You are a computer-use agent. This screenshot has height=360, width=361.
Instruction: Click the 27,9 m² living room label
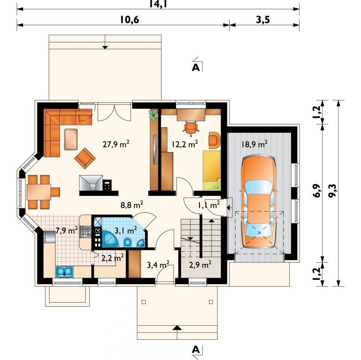click(116, 144)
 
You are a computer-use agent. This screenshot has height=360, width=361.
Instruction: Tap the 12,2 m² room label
click(185, 144)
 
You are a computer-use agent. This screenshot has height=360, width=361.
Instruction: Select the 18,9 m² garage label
click(255, 144)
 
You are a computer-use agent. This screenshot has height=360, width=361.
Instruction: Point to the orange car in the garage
click(259, 202)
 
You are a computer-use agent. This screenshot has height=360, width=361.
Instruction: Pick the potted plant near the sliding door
click(153, 115)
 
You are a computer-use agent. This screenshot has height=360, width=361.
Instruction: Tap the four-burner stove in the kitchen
click(85, 231)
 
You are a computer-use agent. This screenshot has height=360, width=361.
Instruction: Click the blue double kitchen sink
click(64, 272)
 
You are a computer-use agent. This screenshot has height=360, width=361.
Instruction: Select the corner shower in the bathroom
click(110, 239)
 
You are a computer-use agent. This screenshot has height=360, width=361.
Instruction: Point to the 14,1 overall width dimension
click(158, 4)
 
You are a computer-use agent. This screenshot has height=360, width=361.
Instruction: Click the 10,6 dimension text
click(130, 20)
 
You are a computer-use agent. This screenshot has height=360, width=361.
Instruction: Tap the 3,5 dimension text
click(263, 20)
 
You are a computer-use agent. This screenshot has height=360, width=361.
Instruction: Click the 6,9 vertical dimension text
click(317, 191)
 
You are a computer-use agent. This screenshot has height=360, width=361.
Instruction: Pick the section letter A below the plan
click(196, 350)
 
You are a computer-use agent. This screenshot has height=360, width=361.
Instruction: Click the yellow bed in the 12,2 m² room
click(211, 170)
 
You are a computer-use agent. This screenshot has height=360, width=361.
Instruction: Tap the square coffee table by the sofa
click(71, 139)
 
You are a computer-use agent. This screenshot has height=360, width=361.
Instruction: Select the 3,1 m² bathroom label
click(126, 230)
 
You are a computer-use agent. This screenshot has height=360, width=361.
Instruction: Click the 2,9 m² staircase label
click(200, 265)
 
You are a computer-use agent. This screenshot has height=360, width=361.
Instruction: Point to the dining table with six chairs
click(39, 192)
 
